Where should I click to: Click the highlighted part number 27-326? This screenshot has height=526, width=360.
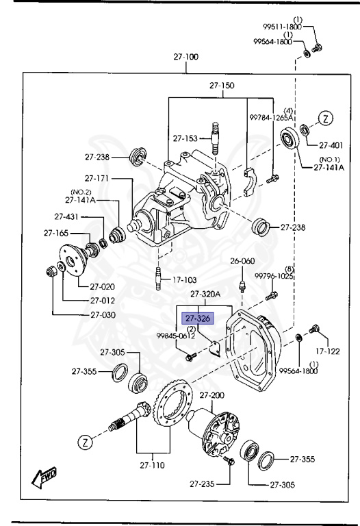197,318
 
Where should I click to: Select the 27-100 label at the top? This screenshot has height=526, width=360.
185,58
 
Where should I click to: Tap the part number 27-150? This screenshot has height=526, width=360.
222,86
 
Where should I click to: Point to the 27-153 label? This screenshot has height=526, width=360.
185,138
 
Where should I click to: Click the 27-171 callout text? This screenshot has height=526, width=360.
96,179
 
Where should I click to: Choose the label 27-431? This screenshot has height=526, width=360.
67,216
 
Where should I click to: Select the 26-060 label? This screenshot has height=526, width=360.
242,261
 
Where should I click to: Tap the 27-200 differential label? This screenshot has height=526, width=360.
210,396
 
